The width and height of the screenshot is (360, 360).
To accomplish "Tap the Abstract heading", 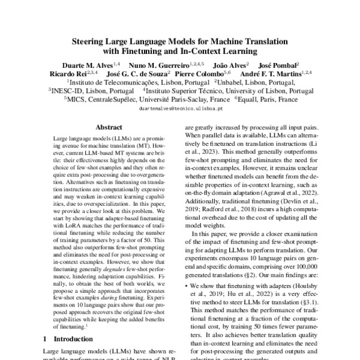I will pyautogui.click(x=109, y=127).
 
